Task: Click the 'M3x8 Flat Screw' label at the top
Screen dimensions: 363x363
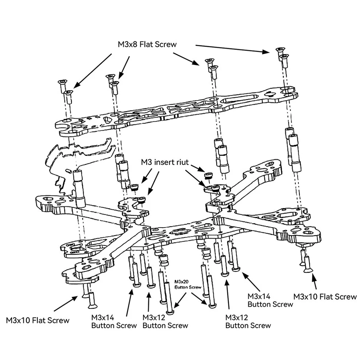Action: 147,44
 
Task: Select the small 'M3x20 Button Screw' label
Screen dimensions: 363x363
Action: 188,284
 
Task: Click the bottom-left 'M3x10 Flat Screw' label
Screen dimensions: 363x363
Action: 38,320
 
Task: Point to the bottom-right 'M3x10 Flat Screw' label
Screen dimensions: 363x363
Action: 325,296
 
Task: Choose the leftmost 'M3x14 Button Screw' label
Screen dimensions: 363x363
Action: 114,321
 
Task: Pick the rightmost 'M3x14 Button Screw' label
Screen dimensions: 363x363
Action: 270,300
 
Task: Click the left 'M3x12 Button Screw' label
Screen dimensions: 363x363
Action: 165,321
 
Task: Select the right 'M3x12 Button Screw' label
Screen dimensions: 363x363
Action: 248,321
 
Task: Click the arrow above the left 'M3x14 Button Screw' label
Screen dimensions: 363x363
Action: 129,301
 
